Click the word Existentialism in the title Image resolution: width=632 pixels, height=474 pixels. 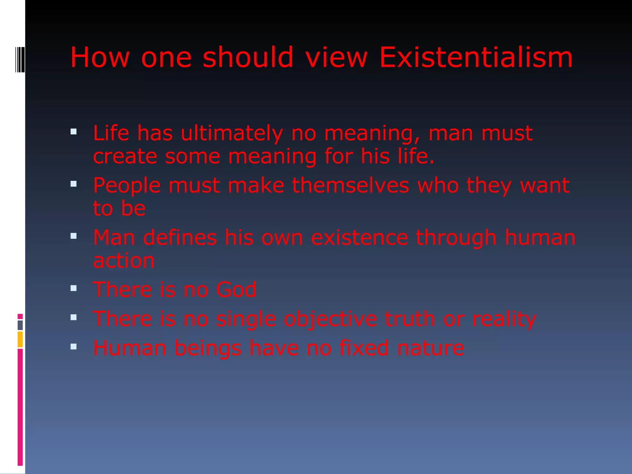(476, 57)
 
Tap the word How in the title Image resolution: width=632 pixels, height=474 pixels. (100, 57)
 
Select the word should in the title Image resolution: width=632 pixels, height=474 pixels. (248, 57)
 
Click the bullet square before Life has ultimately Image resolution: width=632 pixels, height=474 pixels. (73, 132)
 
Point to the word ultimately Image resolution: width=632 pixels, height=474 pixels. (232, 133)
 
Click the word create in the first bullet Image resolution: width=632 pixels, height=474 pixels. (125, 156)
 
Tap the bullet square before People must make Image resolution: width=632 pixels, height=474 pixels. (73, 184)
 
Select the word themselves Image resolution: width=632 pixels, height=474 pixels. (351, 185)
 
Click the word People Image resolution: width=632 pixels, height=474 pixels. (127, 186)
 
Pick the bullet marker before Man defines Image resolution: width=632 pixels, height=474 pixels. (73, 236)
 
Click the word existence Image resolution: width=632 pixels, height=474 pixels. (360, 238)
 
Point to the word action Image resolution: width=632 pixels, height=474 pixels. (124, 261)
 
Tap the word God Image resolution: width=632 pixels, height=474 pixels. (236, 290)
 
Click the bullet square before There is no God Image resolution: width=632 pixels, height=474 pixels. (73, 289)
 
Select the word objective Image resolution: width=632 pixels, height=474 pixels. (330, 319)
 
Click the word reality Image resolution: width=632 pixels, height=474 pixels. (504, 319)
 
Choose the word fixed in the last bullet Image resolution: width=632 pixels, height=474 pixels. (364, 348)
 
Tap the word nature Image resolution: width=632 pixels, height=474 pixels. (430, 348)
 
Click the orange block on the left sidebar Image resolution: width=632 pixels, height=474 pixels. (20, 339)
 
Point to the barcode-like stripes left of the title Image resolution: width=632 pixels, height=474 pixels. (20, 59)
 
